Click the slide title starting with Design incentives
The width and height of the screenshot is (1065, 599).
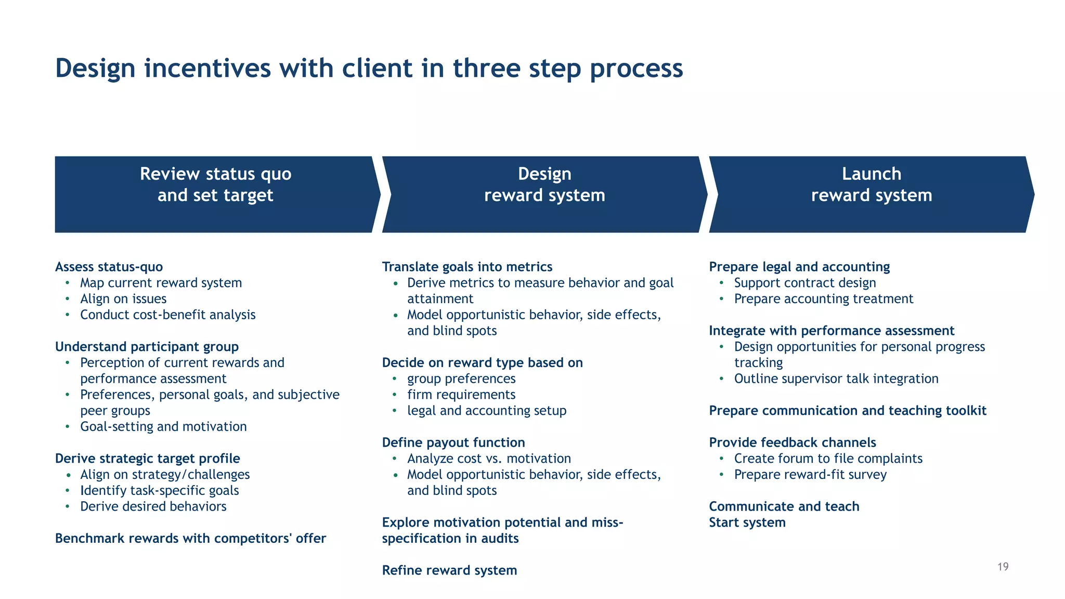pyautogui.click(x=369, y=68)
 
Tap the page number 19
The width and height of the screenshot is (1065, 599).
pyautogui.click(x=1003, y=567)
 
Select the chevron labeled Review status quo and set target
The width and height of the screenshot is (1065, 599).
pyautogui.click(x=216, y=194)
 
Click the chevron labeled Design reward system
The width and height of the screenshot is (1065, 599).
pyautogui.click(x=544, y=194)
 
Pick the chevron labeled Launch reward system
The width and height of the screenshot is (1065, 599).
pyautogui.click(x=871, y=194)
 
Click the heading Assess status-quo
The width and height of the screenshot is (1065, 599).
pyautogui.click(x=109, y=267)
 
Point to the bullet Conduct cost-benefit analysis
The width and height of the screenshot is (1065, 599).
pyautogui.click(x=167, y=315)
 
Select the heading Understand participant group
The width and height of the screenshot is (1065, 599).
pyautogui.click(x=147, y=347)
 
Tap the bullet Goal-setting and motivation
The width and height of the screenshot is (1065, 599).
pyautogui.click(x=163, y=426)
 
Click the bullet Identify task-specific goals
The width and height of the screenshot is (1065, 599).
pyautogui.click(x=159, y=490)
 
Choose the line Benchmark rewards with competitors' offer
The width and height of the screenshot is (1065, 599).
pyautogui.click(x=190, y=538)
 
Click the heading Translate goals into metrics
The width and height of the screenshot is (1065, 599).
pyautogui.click(x=467, y=267)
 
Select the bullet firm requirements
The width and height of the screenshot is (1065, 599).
pyautogui.click(x=461, y=395)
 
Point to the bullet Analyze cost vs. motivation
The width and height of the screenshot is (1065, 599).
pyautogui.click(x=489, y=459)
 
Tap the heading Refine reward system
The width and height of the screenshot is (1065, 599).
pyautogui.click(x=449, y=570)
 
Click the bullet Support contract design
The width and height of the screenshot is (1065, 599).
pyautogui.click(x=804, y=283)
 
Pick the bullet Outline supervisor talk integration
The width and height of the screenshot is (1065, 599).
pyautogui.click(x=836, y=379)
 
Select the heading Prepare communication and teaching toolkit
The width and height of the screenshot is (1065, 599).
pyautogui.click(x=847, y=411)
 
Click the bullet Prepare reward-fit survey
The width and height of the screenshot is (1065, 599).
pyautogui.click(x=810, y=475)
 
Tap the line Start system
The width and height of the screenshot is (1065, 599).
pyautogui.click(x=747, y=523)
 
